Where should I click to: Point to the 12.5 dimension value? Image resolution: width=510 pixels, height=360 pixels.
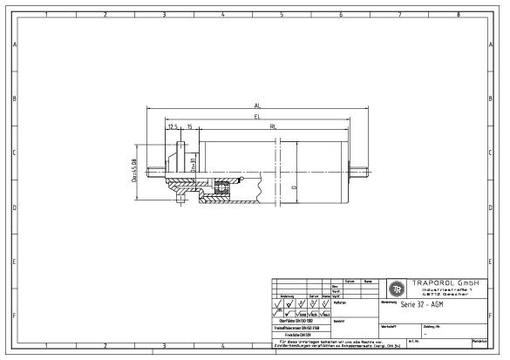click(x=173, y=126)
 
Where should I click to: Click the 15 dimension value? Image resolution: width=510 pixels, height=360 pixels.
click(x=189, y=126)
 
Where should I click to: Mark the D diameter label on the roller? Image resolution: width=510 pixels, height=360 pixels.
click(x=294, y=187)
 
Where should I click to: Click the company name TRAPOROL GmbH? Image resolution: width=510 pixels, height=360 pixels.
click(x=445, y=283)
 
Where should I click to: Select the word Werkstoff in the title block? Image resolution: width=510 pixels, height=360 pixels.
click(x=391, y=326)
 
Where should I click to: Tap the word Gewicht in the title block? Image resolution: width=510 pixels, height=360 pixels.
click(x=340, y=320)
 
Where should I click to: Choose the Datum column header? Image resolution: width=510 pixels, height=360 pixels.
click(x=348, y=281)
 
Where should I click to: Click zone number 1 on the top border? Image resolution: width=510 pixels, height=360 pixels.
click(x=44, y=15)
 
